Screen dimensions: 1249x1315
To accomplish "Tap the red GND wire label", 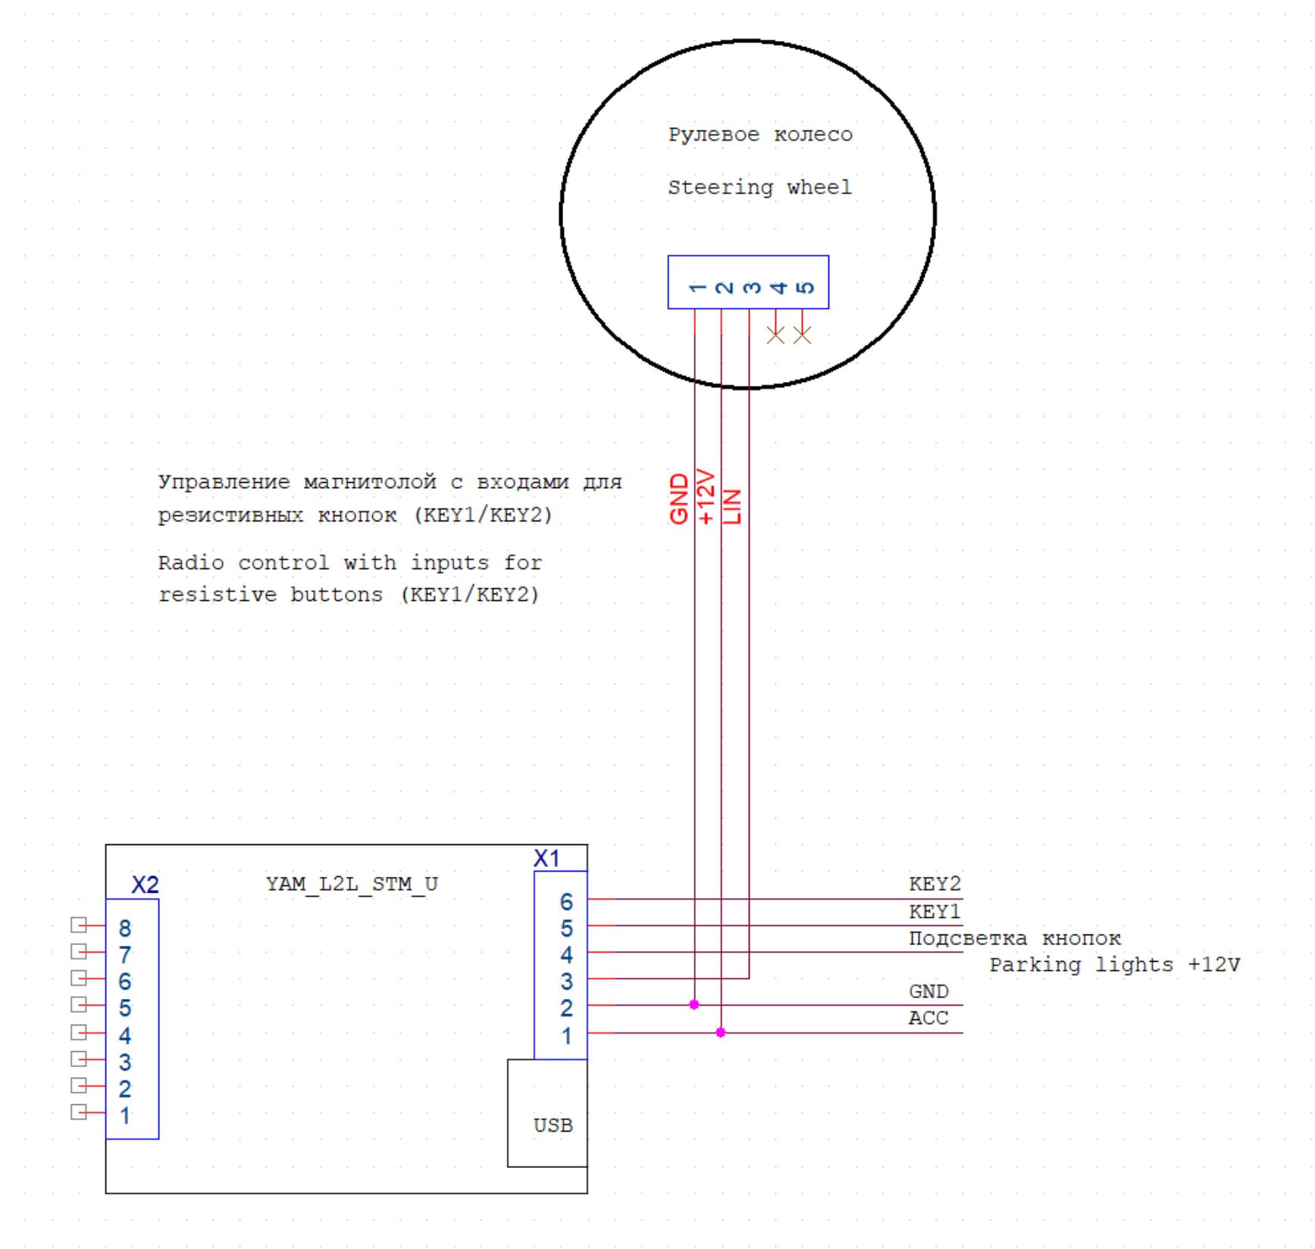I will coord(679,499).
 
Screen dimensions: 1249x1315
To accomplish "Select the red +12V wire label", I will coord(706,496).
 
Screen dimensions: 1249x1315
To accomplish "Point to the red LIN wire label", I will coord(732,506).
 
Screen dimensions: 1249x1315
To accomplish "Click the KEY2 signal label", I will coord(934,884).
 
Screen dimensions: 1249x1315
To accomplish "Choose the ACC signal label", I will coord(928,1018).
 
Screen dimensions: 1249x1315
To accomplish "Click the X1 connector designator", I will coord(546,859).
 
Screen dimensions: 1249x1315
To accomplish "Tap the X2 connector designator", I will coord(145,885).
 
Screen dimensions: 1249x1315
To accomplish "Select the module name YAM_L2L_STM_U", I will coord(352,884).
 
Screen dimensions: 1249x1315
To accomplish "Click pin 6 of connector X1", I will coord(566,902).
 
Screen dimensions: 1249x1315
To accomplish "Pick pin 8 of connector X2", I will coord(125,928).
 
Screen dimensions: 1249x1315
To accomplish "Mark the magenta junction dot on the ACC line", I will coord(721,1032).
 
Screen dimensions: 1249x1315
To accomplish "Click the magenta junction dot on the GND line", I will coord(694,1005).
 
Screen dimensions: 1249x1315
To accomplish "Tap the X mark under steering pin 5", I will coord(802,335).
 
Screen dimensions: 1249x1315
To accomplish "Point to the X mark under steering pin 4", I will coord(775,335).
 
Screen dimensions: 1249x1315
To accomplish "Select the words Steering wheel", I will coord(759,187).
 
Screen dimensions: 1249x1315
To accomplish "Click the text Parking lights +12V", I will coord(1114,965).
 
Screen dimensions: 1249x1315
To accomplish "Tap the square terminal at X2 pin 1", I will coord(78,1112).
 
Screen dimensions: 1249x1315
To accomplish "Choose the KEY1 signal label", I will coord(934,911).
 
